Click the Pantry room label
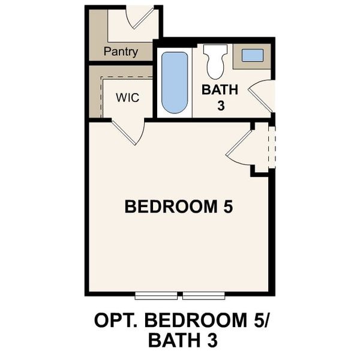(x=121, y=52)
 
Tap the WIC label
(x=127, y=97)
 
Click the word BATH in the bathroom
(x=220, y=90)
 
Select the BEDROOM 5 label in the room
(x=178, y=207)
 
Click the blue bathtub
(x=175, y=82)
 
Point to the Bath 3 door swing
(x=262, y=96)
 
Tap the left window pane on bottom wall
(x=156, y=295)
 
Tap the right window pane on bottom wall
(x=203, y=295)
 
